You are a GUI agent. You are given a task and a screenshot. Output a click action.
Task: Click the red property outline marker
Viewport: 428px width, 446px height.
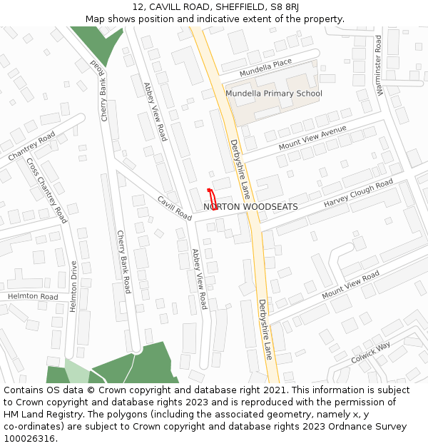pyautogui.click(x=212, y=199)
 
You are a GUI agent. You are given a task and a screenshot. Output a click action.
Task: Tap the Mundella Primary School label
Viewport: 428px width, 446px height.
pyautogui.click(x=274, y=93)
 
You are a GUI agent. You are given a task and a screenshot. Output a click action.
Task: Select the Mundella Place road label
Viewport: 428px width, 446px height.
pyautogui.click(x=265, y=68)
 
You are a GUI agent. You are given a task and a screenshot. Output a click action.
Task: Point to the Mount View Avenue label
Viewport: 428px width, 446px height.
pyautogui.click(x=312, y=136)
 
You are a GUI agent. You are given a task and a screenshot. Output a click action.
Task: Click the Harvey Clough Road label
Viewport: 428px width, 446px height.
pyautogui.click(x=358, y=193)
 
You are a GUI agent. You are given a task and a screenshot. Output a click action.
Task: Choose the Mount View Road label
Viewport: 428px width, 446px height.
pyautogui.click(x=350, y=285)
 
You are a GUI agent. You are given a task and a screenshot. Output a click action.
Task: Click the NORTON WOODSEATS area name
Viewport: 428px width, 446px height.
pyautogui.click(x=250, y=207)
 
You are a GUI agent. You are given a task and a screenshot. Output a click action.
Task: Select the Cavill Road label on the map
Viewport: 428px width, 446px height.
pyautogui.click(x=175, y=208)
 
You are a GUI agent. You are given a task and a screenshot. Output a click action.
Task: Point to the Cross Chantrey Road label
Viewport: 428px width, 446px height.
pyautogui.click(x=46, y=190)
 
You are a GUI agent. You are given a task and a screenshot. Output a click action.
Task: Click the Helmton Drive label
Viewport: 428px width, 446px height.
pyautogui.click(x=73, y=287)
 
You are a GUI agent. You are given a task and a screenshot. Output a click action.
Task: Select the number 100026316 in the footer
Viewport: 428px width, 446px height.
pyautogui.click(x=29, y=438)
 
